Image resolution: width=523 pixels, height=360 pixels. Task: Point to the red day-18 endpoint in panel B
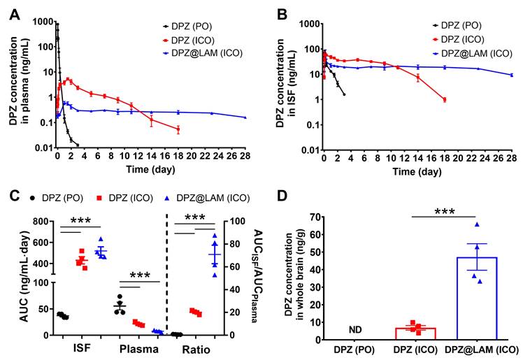tap(444, 100)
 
